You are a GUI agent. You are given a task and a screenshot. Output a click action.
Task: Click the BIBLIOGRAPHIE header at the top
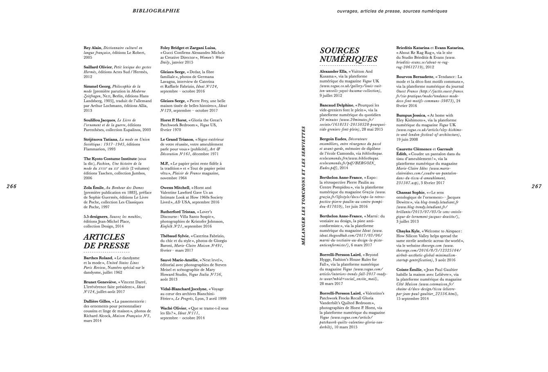click(x=156, y=11)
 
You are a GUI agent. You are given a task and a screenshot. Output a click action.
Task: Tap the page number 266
click(x=11, y=186)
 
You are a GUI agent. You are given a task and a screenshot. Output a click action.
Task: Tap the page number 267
click(x=537, y=186)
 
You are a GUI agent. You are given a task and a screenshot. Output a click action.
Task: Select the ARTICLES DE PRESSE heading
click(x=106, y=241)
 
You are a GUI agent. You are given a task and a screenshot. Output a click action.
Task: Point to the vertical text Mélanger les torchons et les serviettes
click(x=303, y=185)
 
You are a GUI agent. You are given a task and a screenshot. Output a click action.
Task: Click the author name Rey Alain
click(x=92, y=48)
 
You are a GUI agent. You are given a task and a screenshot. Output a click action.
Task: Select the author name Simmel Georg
click(x=97, y=87)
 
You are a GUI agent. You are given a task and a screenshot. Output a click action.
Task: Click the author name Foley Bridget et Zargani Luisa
click(x=188, y=48)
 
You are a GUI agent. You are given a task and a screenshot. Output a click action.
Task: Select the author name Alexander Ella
click(x=333, y=71)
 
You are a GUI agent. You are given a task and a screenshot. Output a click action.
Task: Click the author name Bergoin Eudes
click(x=333, y=138)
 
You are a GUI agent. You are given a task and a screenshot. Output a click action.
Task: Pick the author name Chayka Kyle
click(x=407, y=231)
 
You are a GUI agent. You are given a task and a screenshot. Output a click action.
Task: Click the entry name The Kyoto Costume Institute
click(x=109, y=158)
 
